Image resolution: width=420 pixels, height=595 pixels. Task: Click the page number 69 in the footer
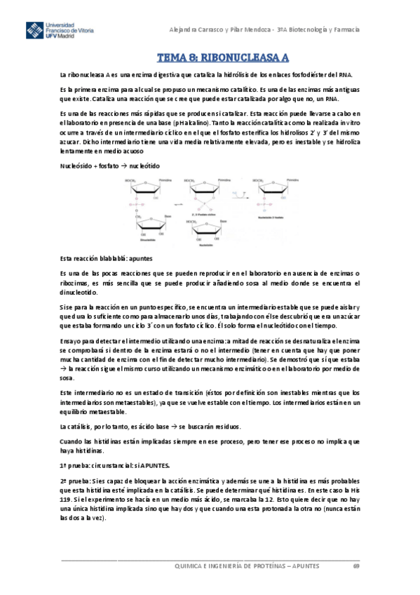[356, 566]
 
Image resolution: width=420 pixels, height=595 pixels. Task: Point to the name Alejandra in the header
[187, 30]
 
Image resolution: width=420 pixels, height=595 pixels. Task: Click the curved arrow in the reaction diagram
[243, 191]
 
